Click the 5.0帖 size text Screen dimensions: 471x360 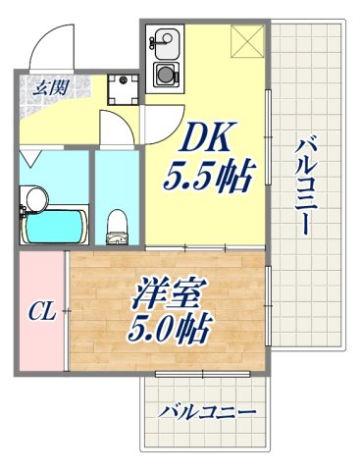click(x=169, y=329)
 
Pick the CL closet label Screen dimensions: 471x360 click(x=39, y=313)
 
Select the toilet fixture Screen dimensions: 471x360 click(x=115, y=224)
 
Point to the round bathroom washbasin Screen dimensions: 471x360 click(x=36, y=198)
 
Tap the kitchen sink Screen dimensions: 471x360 click(x=164, y=44)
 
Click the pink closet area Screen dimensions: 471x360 click(x=40, y=312)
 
